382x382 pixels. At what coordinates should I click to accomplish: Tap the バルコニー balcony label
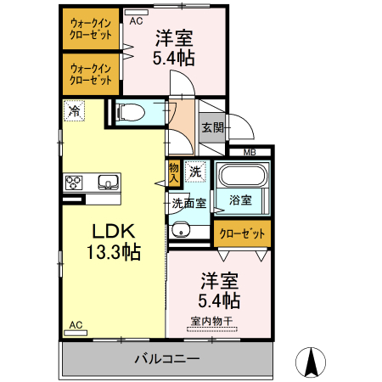166,359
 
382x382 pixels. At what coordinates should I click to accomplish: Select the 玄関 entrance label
212,128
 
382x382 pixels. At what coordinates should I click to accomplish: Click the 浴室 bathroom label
239,201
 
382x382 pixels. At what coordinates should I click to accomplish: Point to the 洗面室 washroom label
188,203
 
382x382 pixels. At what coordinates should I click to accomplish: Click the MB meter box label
250,152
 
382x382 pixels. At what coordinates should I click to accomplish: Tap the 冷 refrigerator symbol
75,110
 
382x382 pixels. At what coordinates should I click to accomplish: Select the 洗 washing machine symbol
196,171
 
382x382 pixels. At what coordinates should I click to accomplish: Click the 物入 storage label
174,172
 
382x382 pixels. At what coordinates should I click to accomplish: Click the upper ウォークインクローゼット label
91,29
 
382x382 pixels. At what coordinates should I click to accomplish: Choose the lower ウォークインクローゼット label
91,74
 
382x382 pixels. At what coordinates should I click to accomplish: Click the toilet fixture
132,113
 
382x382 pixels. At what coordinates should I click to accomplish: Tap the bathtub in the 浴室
243,177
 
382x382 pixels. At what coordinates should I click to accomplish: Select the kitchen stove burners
74,182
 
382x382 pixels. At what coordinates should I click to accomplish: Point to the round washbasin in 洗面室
179,230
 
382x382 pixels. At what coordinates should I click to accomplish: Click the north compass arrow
311,362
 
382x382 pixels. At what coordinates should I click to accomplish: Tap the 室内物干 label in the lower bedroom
212,321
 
